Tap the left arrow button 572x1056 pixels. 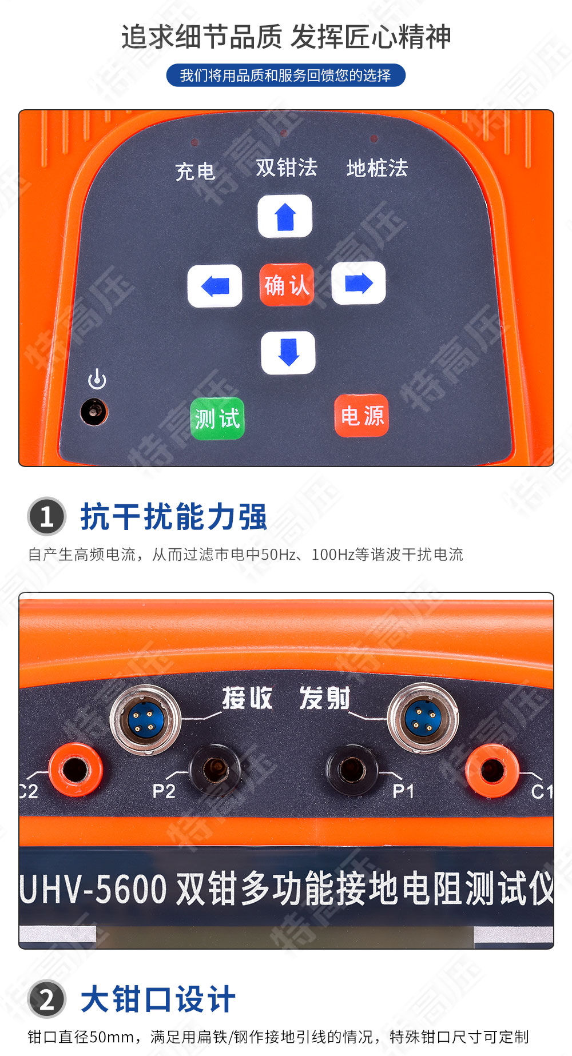click(214, 285)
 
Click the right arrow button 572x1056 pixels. click(359, 283)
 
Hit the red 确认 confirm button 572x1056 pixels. click(287, 285)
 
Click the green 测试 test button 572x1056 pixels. click(217, 419)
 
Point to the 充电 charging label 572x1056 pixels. click(195, 171)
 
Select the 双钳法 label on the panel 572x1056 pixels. click(286, 168)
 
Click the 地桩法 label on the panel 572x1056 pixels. click(377, 168)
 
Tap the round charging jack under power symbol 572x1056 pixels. click(93, 412)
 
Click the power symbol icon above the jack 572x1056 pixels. click(97, 380)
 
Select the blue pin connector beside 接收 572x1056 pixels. click(145, 720)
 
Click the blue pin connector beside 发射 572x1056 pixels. click(423, 718)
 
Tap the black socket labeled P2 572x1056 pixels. click(215, 770)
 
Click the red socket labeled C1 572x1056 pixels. click(492, 770)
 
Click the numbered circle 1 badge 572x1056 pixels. click(47, 516)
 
